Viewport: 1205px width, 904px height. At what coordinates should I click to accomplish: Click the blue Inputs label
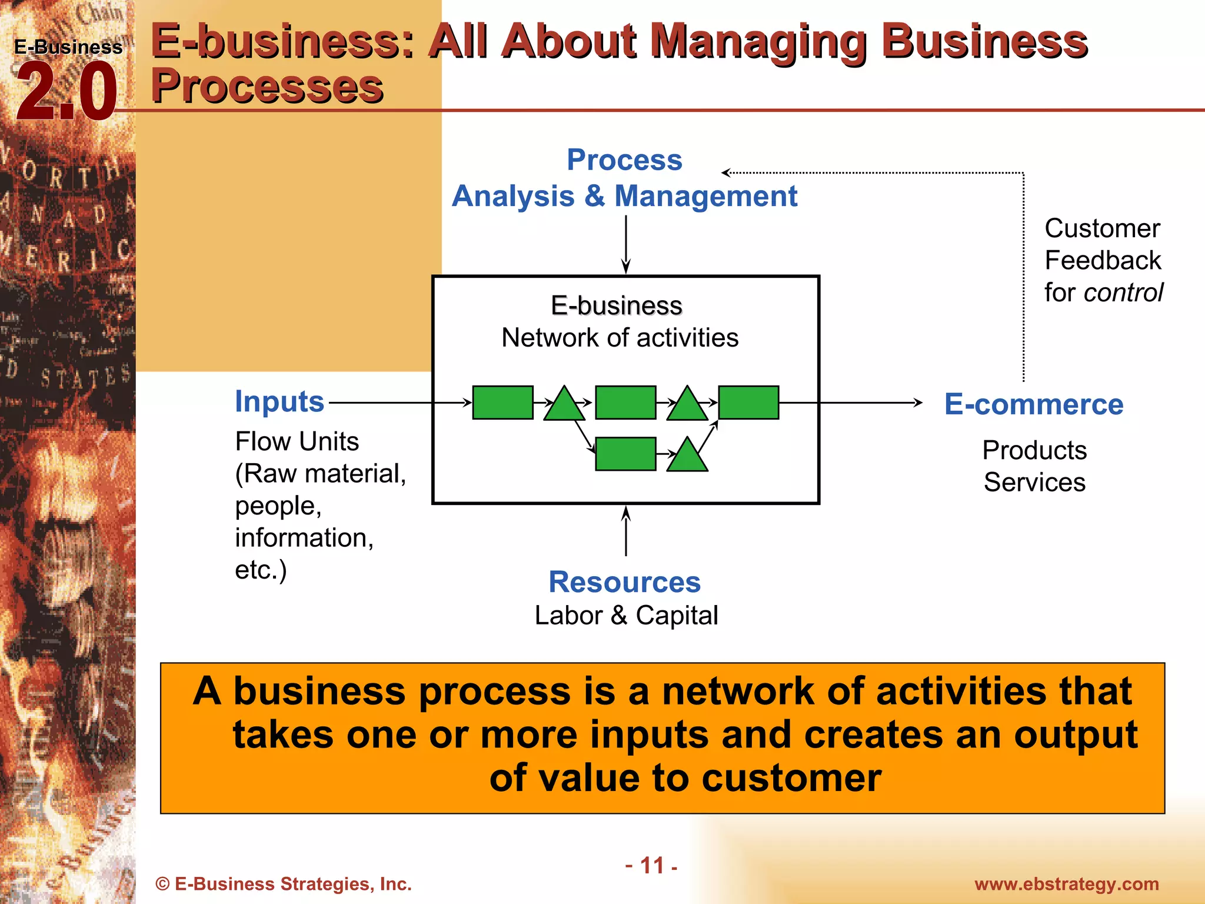(279, 401)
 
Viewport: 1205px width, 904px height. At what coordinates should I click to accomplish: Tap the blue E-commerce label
(1034, 404)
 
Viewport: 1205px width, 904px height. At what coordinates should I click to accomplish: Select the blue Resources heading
(624, 582)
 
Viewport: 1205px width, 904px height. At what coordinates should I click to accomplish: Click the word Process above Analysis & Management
(624, 159)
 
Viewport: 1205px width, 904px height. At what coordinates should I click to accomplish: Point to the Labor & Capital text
(626, 616)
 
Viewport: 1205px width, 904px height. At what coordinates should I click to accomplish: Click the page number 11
(652, 866)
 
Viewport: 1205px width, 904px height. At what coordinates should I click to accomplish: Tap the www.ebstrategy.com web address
(1066, 884)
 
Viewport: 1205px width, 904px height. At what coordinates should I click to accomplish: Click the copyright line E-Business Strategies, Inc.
(284, 884)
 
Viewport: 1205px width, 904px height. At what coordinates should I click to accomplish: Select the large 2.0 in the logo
(66, 93)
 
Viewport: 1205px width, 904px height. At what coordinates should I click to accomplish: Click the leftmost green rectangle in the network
(502, 403)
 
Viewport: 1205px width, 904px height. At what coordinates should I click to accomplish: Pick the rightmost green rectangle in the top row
(748, 403)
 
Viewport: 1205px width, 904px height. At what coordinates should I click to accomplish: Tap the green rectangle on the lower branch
(625, 454)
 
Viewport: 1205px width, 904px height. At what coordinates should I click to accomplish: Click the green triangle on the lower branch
(687, 456)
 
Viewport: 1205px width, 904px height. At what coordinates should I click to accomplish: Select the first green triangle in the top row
(564, 405)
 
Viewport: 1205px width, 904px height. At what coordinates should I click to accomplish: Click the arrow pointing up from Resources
(626, 530)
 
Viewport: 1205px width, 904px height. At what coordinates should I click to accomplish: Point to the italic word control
(1123, 293)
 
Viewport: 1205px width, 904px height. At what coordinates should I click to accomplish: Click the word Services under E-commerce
(1034, 483)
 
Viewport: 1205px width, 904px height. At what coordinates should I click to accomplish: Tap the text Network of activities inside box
(620, 338)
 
